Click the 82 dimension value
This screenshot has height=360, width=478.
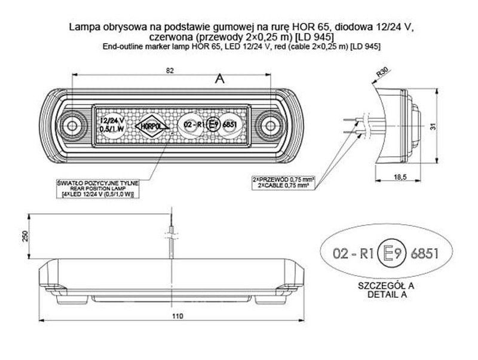pos(171,70)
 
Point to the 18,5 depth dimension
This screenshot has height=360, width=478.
pos(400,176)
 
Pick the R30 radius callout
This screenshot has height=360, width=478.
pos(382,74)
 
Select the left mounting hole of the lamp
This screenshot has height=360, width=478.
pos(73,125)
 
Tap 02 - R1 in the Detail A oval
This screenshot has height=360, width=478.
pos(353,254)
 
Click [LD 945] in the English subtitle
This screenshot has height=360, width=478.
pos(366,46)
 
